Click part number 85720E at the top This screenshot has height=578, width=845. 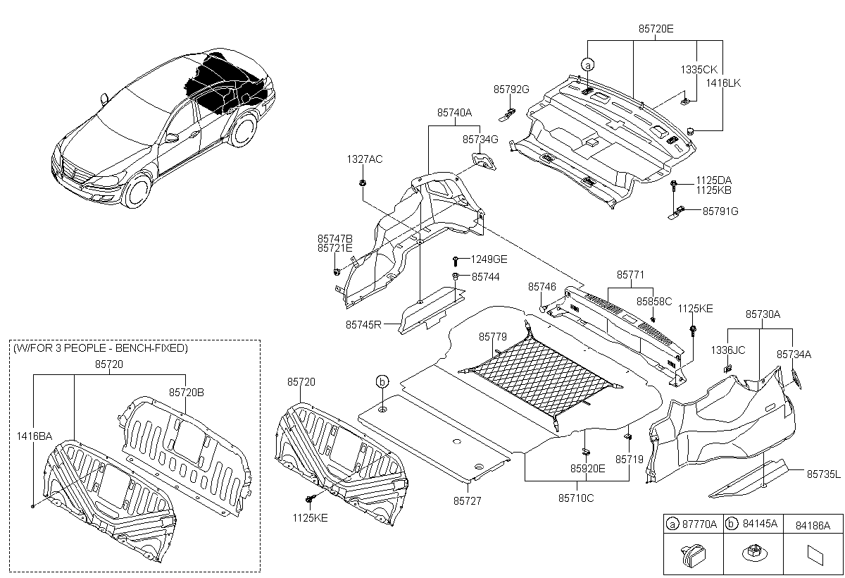656,30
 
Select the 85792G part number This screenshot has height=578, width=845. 511,90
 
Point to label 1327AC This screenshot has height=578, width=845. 364,159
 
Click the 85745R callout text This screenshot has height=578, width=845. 363,325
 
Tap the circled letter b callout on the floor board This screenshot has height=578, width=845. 382,381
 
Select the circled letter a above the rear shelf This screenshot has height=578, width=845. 588,65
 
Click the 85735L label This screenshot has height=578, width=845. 823,475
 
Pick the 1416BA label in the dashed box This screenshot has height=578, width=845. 35,436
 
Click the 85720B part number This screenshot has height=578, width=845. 185,391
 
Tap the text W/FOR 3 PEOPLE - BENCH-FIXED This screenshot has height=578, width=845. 100,348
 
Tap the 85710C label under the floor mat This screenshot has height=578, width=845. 576,498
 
